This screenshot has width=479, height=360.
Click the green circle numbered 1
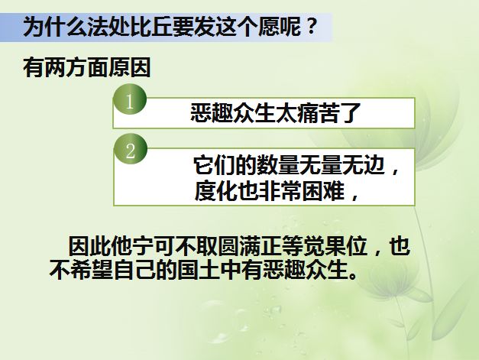130,100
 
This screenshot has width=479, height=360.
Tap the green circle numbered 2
131,150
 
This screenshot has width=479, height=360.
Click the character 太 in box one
286,113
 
